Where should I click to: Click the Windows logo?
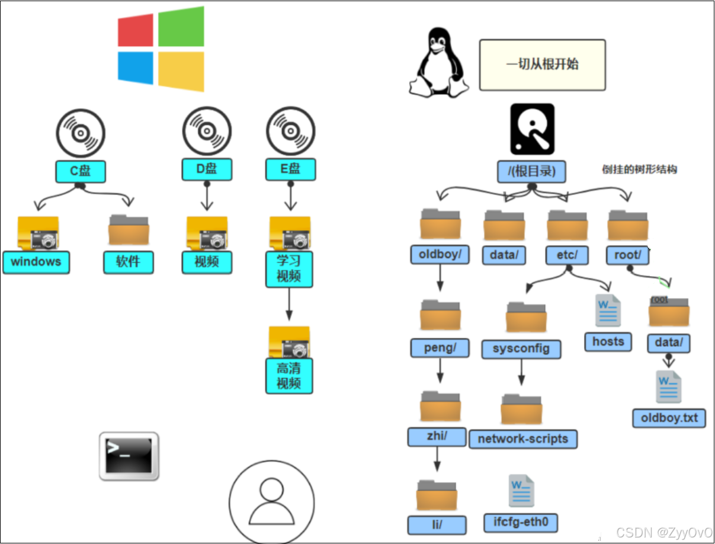(161, 49)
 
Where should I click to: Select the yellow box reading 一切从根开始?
(542, 65)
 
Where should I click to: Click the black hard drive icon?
(532, 129)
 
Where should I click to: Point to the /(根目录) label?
(531, 171)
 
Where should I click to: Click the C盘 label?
(81, 171)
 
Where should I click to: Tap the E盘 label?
(290, 169)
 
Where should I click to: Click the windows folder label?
(36, 262)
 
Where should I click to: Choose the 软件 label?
(129, 262)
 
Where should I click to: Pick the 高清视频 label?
(289, 376)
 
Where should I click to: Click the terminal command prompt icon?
(129, 456)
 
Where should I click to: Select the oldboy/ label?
(440, 255)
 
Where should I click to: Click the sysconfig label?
(521, 348)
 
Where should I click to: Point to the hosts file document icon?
(608, 310)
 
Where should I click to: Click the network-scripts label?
(522, 439)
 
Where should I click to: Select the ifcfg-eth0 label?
(521, 523)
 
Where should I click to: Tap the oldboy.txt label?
(669, 418)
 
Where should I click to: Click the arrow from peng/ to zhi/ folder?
(440, 372)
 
